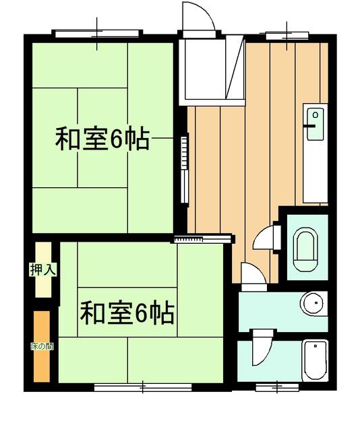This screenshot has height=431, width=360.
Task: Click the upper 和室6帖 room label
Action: pyautogui.click(x=101, y=140)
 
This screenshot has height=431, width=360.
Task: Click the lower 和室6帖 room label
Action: pyautogui.click(x=127, y=312)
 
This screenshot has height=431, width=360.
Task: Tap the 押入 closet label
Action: pyautogui.click(x=42, y=269)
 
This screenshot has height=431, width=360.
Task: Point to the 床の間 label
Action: pyautogui.click(x=42, y=346)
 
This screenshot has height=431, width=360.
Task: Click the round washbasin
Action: pyautogui.click(x=312, y=304)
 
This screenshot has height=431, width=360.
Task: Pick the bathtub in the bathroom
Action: pyautogui.click(x=313, y=362)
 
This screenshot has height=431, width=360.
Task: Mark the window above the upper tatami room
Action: pyautogui.click(x=98, y=32)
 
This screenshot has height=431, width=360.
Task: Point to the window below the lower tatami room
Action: pyautogui.click(x=143, y=387)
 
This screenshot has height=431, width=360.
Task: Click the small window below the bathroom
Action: pyautogui.click(x=278, y=387)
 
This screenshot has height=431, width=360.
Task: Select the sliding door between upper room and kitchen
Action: pyautogui.click(x=184, y=168)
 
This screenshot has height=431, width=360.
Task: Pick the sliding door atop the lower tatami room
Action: pyautogui.click(x=203, y=238)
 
